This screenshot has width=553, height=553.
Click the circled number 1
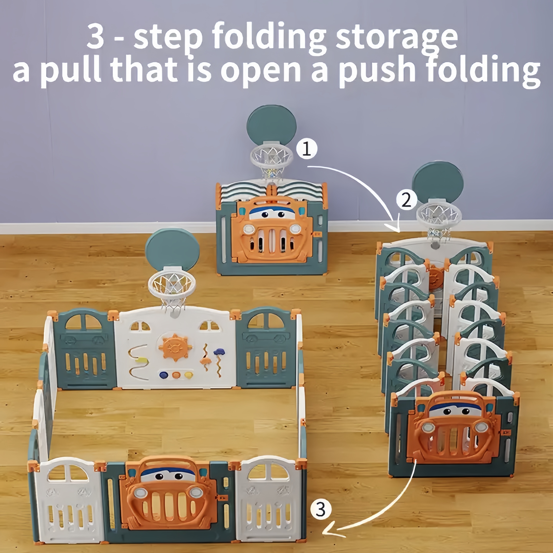tap(307, 149)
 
